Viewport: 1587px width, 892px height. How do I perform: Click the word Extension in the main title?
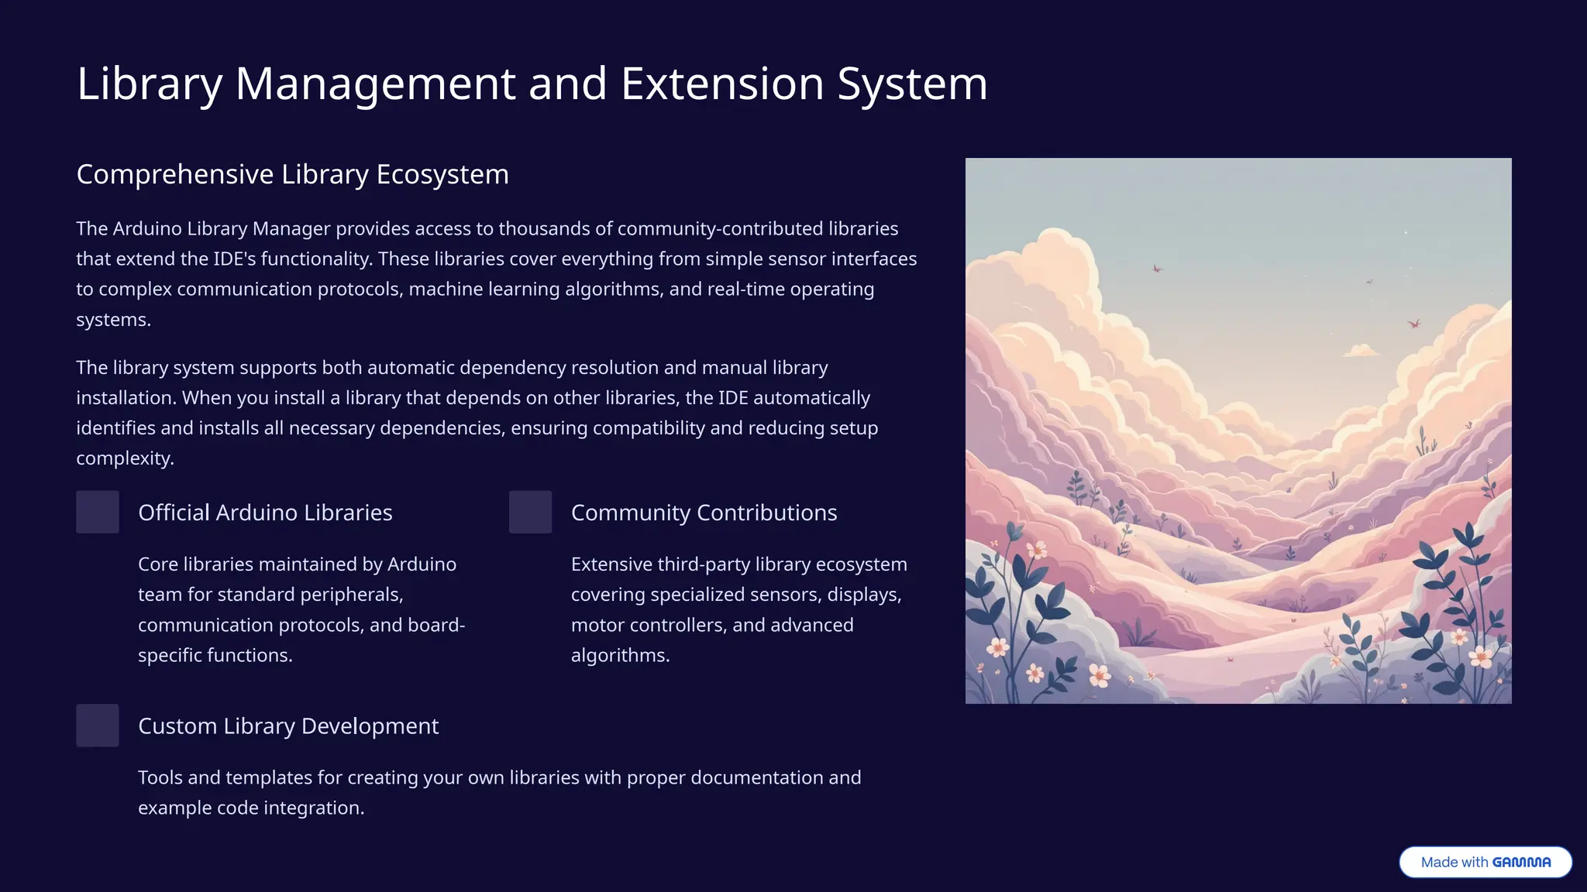[721, 84]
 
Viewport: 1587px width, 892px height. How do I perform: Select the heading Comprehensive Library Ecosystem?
[292, 174]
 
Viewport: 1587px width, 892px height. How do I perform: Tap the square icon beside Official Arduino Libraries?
[98, 512]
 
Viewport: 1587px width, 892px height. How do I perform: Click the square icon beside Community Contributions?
[530, 512]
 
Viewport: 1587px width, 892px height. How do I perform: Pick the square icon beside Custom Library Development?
[98, 726]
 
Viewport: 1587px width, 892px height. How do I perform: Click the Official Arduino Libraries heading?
[265, 513]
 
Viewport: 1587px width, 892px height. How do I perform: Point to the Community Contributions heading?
[704, 513]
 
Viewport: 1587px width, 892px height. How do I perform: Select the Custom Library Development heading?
[288, 726]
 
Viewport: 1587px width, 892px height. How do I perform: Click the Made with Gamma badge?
[1485, 862]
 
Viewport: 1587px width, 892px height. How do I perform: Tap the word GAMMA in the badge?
[1521, 863]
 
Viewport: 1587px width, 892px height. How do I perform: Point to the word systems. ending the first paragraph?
[113, 320]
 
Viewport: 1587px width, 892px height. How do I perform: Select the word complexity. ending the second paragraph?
[125, 458]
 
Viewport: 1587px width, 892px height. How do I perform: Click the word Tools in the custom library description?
[160, 777]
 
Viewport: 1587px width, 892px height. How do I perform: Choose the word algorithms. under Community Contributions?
[620, 655]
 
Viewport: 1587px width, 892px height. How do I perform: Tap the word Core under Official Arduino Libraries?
[158, 564]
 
